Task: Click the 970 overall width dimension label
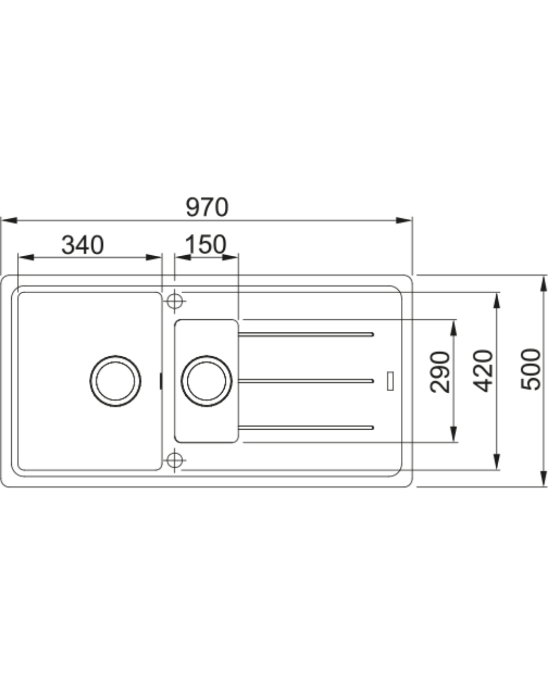tap(207, 207)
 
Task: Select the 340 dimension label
tap(83, 245)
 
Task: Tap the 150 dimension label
tap(205, 244)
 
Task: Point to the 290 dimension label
tap(440, 372)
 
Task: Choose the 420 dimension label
tap(483, 371)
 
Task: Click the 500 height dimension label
tap(530, 369)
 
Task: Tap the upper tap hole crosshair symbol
tap(175, 301)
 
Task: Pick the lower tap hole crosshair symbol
tap(175, 460)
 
